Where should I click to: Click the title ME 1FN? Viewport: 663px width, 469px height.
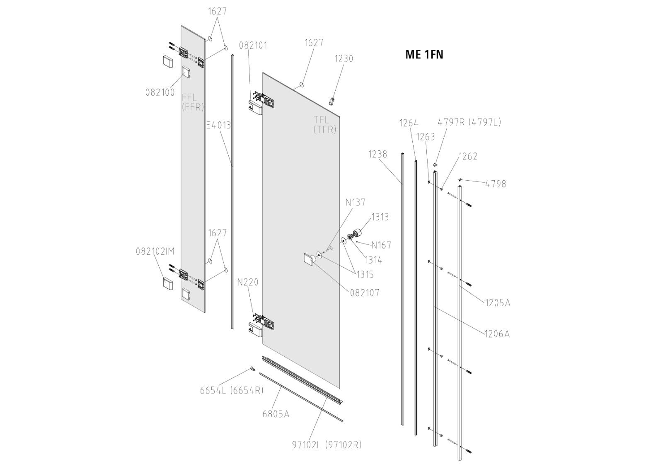[424, 55]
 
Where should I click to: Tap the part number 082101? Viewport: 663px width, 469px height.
[253, 45]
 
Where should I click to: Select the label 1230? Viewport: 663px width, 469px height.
[344, 59]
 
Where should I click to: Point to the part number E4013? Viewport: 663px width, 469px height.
[218, 125]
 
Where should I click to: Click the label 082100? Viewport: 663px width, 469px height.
[160, 92]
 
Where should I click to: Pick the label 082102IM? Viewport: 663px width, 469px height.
[155, 251]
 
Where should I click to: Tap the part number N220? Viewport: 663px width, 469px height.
[248, 282]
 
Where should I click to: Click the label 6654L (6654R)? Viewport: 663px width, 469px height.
[232, 390]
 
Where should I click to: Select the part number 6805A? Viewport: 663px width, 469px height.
[276, 413]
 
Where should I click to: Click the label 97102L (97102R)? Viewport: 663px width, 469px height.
[327, 445]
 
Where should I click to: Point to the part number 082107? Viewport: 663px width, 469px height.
[365, 293]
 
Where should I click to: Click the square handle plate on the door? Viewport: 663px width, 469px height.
[309, 260]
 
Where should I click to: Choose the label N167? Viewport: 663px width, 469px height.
[381, 245]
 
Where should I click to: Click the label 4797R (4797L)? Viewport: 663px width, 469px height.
[469, 122]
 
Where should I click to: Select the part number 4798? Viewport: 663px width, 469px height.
[496, 184]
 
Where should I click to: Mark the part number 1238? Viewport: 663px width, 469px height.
[377, 155]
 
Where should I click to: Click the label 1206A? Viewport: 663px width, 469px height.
[497, 334]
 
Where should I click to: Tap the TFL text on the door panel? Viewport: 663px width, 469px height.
[322, 120]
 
